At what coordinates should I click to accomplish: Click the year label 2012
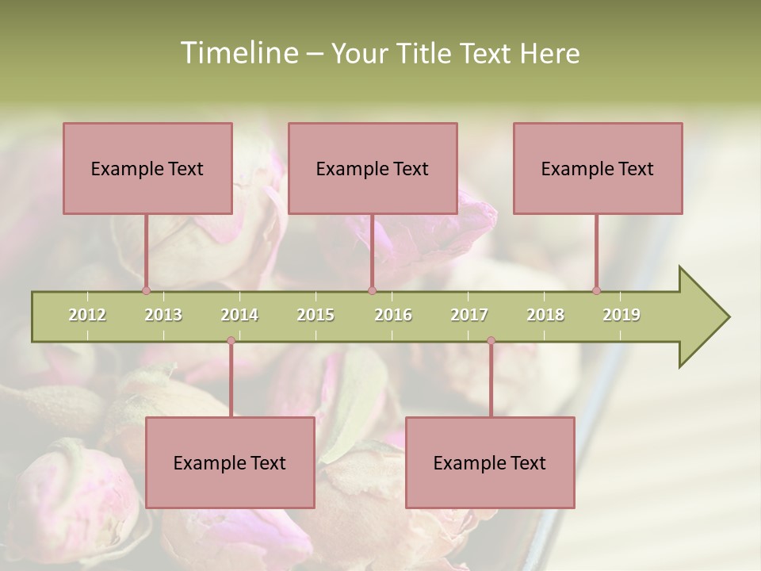pos(87,315)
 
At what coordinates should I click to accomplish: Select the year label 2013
pos(163,315)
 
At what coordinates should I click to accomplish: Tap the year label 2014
pos(239,315)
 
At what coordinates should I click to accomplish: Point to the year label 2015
pos(315,315)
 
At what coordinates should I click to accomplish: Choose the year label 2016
pos(393,315)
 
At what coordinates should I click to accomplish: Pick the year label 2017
pos(469,315)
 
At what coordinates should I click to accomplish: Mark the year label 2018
pos(545,315)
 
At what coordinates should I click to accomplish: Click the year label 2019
pos(621,315)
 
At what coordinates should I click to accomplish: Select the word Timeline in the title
pos(239,53)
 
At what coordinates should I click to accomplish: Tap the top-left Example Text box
pos(147,168)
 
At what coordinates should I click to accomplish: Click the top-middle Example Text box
pos(373,168)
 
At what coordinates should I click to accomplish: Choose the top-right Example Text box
pos(598,168)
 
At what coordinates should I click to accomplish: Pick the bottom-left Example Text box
pos(230,462)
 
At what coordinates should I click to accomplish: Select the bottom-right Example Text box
pos(490,462)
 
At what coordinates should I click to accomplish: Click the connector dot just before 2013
pos(147,290)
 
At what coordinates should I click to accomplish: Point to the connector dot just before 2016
pos(373,290)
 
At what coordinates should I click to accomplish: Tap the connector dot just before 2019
pos(597,290)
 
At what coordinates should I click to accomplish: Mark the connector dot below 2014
pos(231,341)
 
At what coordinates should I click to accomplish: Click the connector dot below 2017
pos(491,341)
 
